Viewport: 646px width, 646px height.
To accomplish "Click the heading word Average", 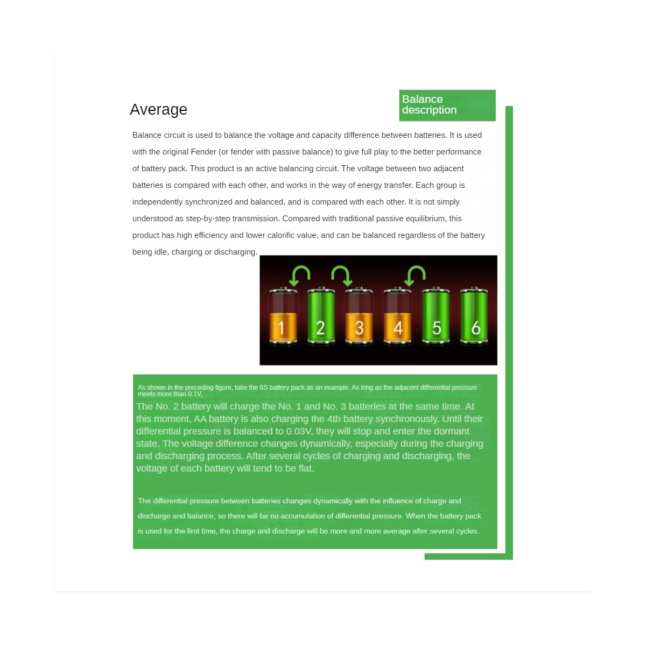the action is coord(158,109).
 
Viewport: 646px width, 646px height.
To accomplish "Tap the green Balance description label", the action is coord(447,106).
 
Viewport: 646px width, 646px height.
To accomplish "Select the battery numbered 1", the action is coord(283,315).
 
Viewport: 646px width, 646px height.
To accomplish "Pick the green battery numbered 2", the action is coord(321,315).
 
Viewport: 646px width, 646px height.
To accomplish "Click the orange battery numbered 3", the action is coord(359,315).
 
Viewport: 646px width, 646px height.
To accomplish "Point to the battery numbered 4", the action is coord(397,315).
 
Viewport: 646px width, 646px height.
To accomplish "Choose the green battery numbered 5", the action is coord(436,315).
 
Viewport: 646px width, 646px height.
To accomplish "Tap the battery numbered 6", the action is coord(474,315).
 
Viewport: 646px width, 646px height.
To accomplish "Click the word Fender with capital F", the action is coord(203,152).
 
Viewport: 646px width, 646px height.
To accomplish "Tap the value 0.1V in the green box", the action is coord(195,394).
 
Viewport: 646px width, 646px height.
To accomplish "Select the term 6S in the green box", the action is coord(263,388).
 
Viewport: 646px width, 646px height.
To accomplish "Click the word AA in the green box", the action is coord(200,419).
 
